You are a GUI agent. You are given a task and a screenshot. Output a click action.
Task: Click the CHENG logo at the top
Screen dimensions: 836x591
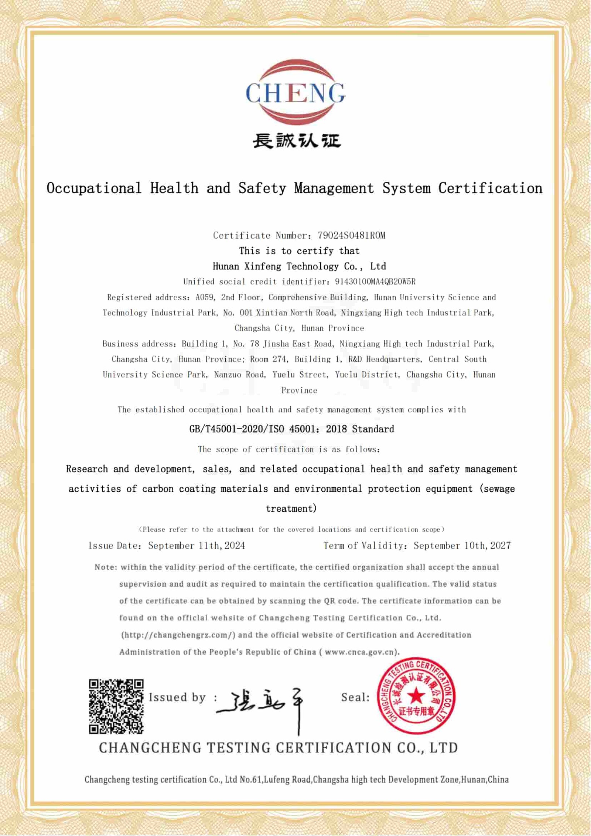(295, 92)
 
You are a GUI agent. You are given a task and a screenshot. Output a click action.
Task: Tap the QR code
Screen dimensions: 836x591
(116, 706)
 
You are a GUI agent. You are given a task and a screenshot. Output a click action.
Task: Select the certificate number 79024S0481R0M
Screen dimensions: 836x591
(351, 235)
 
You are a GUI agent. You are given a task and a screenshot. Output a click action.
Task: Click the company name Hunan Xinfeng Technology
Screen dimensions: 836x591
(276, 266)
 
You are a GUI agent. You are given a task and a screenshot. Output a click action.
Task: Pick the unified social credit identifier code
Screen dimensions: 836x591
(375, 281)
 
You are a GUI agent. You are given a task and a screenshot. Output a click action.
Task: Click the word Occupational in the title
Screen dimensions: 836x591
(94, 188)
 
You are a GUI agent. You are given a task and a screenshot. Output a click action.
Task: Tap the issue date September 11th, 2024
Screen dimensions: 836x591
(197, 546)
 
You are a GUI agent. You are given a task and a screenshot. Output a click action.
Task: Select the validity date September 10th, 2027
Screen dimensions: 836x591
(462, 546)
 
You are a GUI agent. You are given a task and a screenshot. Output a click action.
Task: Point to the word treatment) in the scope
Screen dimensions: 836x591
(291, 508)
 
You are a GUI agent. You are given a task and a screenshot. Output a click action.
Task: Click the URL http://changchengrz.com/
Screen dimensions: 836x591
(178, 635)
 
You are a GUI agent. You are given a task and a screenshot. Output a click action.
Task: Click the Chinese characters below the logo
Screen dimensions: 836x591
(296, 141)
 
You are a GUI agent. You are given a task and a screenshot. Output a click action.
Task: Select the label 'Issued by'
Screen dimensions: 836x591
(177, 697)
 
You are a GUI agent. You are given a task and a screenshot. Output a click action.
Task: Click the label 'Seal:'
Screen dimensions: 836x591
(355, 697)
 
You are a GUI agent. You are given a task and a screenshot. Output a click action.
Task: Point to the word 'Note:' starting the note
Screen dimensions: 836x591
(106, 567)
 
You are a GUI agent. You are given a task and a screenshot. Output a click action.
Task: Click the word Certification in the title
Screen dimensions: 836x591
(490, 188)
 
